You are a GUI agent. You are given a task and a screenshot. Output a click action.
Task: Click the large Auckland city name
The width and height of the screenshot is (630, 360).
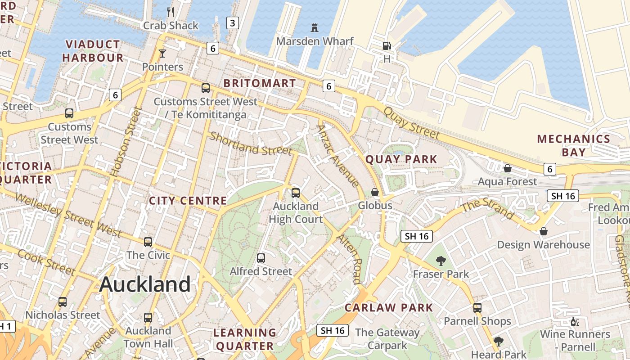(145, 284)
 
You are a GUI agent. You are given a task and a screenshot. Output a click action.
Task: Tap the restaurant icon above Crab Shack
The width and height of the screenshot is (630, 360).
(171, 12)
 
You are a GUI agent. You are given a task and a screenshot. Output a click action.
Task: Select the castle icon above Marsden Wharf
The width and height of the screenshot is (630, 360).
(315, 28)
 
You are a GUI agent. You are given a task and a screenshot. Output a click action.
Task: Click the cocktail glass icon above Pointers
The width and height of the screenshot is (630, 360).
(162, 54)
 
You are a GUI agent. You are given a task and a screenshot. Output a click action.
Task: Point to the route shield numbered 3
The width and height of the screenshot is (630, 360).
(232, 23)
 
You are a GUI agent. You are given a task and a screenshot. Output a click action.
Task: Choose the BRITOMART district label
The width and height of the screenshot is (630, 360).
(260, 83)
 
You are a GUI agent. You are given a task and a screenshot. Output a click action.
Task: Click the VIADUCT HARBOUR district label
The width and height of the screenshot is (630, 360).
(93, 51)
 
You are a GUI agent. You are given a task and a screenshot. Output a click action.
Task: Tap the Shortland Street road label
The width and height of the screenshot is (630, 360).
(251, 144)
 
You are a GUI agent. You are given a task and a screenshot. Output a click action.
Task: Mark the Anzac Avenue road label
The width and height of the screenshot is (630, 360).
(337, 156)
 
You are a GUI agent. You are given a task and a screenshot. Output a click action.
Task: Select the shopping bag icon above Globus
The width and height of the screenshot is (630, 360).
(375, 193)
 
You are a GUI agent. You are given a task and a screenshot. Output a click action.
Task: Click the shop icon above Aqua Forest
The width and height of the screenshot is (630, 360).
(508, 168)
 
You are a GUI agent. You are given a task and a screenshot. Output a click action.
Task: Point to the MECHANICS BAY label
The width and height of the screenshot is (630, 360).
(573, 145)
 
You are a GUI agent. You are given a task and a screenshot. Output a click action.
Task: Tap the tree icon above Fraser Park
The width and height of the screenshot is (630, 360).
(441, 261)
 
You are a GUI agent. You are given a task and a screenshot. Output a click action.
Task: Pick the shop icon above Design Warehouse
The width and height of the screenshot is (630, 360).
(544, 231)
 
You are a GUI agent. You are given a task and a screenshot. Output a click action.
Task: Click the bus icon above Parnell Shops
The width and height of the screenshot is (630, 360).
(477, 308)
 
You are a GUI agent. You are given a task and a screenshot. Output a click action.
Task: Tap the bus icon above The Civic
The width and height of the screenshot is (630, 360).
(148, 242)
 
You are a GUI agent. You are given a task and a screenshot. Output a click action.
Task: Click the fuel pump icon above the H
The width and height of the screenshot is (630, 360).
(387, 46)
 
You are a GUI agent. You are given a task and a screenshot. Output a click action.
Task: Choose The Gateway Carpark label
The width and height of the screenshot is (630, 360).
(387, 339)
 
